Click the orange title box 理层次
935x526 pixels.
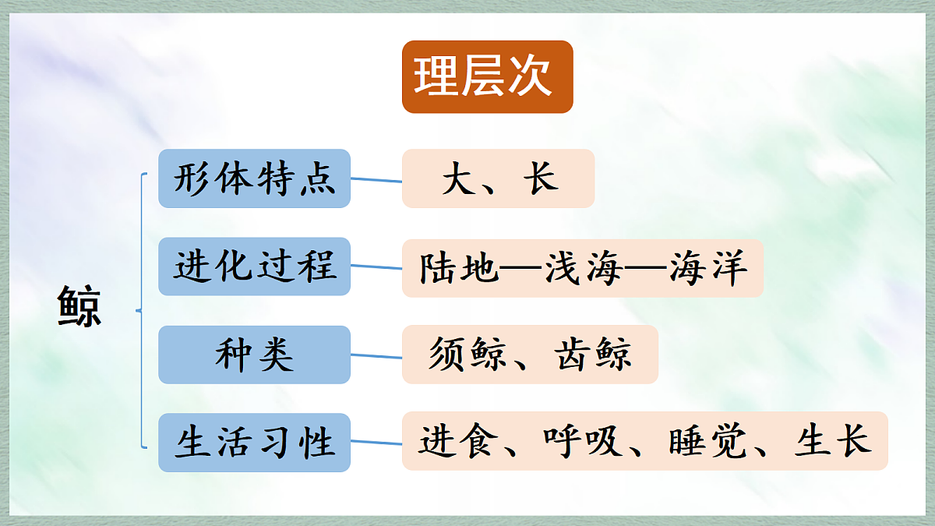pyautogui.click(x=487, y=76)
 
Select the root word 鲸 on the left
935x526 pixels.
pyautogui.click(x=79, y=307)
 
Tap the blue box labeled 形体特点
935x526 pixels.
pyautogui.click(x=254, y=178)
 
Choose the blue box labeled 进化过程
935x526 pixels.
pyautogui.click(x=254, y=267)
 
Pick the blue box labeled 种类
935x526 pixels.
pyautogui.click(x=254, y=355)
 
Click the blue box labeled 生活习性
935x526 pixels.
pyautogui.click(x=254, y=443)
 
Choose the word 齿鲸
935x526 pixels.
pyautogui.click(x=592, y=355)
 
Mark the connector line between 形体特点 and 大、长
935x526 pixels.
pyautogui.click(x=376, y=180)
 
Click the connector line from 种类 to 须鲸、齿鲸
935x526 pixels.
pyautogui.click(x=376, y=356)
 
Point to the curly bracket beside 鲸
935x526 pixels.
pyautogui.click(x=142, y=311)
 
